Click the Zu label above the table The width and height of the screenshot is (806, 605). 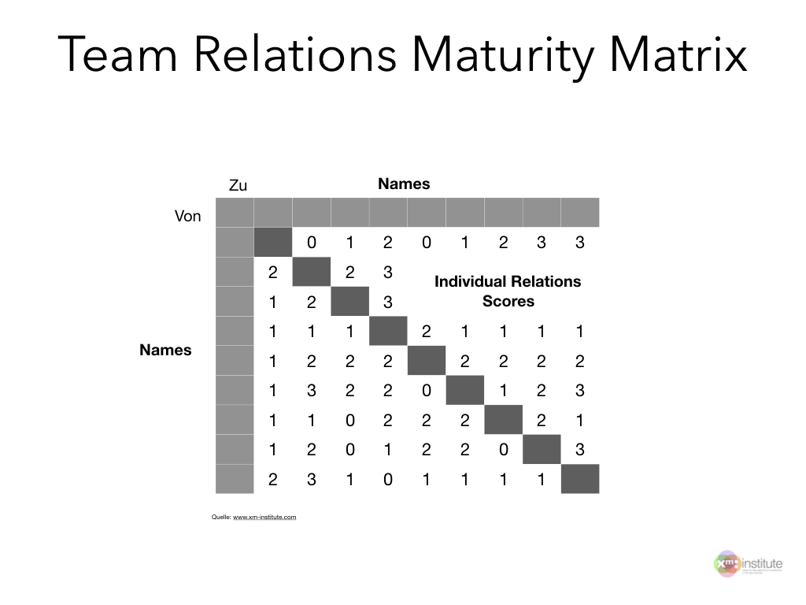(x=238, y=186)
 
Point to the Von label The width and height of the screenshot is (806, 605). (x=187, y=216)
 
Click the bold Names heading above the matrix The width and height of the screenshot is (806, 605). (x=404, y=184)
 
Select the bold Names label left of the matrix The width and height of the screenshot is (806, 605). (x=165, y=351)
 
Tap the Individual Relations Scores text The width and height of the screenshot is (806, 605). (x=508, y=291)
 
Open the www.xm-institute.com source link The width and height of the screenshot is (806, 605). (x=264, y=517)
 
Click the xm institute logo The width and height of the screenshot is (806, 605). (x=747, y=565)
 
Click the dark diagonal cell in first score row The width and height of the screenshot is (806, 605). (x=273, y=242)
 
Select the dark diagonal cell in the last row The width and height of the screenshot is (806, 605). (x=580, y=479)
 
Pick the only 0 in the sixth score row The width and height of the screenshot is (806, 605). (x=427, y=391)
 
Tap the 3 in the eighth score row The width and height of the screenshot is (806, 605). (x=580, y=450)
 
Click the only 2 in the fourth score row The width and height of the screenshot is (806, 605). (x=427, y=332)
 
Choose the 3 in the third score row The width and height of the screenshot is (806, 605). (x=388, y=302)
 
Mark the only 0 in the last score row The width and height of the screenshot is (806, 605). (x=388, y=480)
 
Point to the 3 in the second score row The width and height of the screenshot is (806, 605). (x=388, y=273)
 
